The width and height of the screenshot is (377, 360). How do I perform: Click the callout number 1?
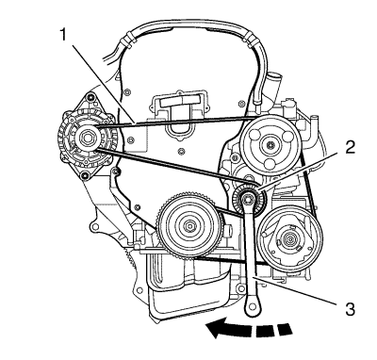click(64, 35)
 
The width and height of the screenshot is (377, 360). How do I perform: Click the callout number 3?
click(349, 308)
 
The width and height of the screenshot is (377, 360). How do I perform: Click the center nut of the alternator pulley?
click(86, 138)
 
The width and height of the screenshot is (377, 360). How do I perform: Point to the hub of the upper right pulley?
click(270, 145)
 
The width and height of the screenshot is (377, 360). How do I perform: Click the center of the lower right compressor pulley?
click(289, 239)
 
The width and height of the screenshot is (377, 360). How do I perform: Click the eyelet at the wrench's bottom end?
click(252, 305)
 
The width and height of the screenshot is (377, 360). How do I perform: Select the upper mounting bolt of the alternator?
click(91, 97)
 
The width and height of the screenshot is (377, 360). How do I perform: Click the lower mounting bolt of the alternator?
click(84, 176)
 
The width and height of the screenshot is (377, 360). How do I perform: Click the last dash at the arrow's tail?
click(286, 328)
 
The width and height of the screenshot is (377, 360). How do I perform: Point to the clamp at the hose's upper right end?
click(249, 40)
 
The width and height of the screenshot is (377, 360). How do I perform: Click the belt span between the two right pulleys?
click(308, 186)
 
